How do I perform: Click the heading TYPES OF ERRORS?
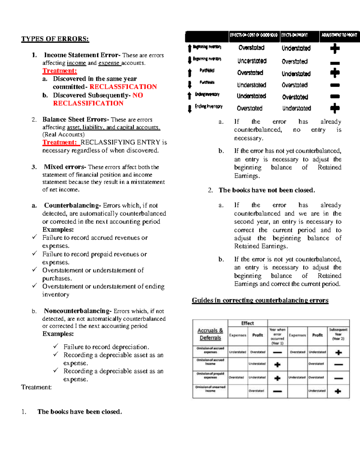pyautogui.click(x=55, y=39)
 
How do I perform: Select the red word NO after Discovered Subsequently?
pyautogui.click(x=138, y=95)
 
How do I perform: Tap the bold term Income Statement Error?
pyautogui.click(x=82, y=55)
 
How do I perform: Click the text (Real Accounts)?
pyautogui.click(x=63, y=134)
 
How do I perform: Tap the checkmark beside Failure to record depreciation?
pyautogui.click(x=56, y=346)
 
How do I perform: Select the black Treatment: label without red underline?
pyautogui.click(x=36, y=387)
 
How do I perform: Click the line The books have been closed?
pyautogui.click(x=79, y=412)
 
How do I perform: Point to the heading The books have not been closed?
pyautogui.click(x=267, y=190)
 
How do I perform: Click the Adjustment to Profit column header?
pyautogui.click(x=339, y=35)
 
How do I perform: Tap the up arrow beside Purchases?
pyautogui.click(x=190, y=72)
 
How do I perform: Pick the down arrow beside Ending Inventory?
pyautogui.click(x=190, y=108)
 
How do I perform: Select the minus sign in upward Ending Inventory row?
pyautogui.click(x=335, y=97)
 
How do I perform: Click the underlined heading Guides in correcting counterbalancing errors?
pyautogui.click(x=260, y=300)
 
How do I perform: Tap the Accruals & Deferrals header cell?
pyautogui.click(x=210, y=334)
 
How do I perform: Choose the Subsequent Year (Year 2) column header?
pyautogui.click(x=338, y=334)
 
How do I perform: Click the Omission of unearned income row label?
pyautogui.click(x=210, y=389)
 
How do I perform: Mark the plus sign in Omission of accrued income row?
pyautogui.click(x=277, y=365)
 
